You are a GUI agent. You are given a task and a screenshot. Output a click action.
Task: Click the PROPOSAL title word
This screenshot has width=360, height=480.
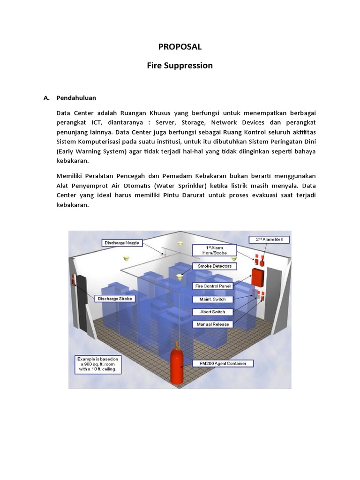click(x=180, y=46)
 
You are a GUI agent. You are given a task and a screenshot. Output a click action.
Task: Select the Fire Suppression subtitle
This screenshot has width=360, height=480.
click(x=180, y=66)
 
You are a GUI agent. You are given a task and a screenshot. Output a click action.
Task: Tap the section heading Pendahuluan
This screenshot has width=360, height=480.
click(x=76, y=98)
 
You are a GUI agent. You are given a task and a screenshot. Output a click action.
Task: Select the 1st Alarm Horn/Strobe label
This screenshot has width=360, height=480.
click(x=216, y=250)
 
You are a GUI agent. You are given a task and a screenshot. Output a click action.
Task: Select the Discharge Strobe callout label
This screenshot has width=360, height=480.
click(x=115, y=298)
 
